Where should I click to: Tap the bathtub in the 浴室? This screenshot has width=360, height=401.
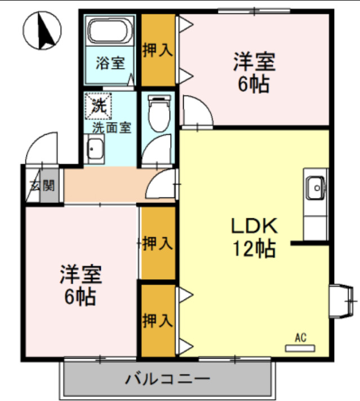[x=109, y=32]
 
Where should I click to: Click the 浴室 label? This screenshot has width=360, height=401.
[x=109, y=63]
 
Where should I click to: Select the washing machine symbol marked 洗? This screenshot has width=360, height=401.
[x=99, y=106]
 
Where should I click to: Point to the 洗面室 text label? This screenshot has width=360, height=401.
[x=112, y=127]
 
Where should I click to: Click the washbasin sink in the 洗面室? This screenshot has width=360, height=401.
[x=95, y=151]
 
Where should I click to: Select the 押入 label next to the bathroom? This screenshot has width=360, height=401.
[x=157, y=50]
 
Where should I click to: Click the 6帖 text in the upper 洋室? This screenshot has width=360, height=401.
[x=254, y=84]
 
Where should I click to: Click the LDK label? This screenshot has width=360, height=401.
[x=254, y=226]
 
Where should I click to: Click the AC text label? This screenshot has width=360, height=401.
[x=300, y=338]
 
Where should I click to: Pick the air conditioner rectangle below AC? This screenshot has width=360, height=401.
[x=300, y=348]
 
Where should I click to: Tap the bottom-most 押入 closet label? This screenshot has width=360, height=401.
[x=157, y=320]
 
